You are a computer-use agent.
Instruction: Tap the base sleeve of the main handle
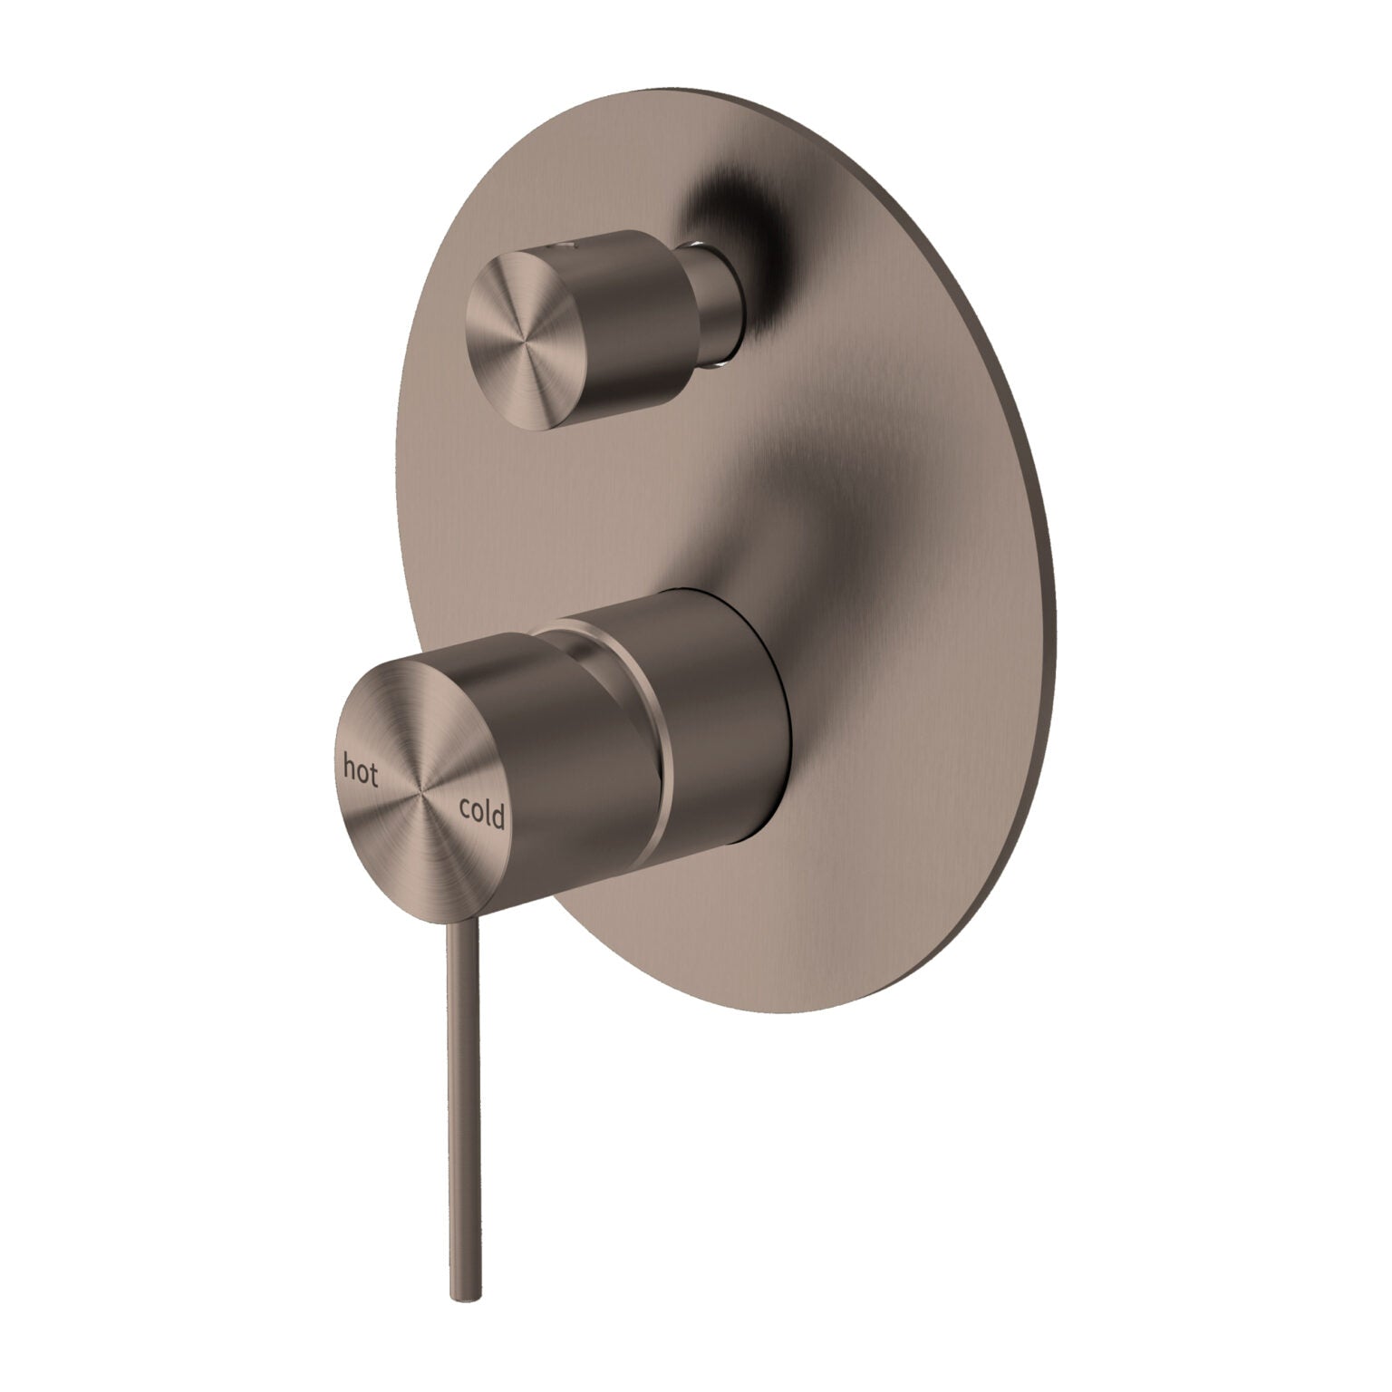click(725, 725)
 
